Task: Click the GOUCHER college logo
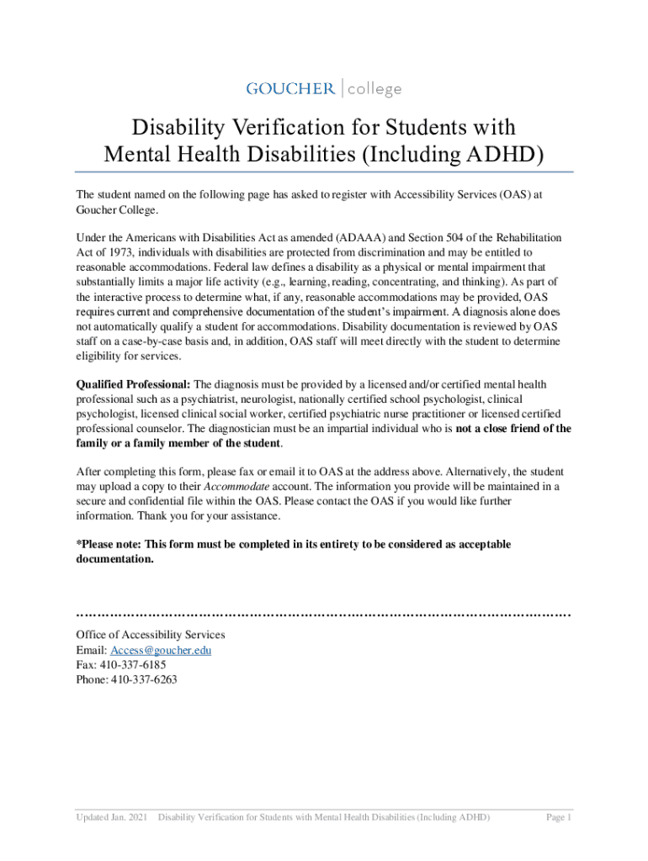pyautogui.click(x=323, y=88)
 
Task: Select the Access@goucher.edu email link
pyautogui.click(x=159, y=651)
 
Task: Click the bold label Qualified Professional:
pyautogui.click(x=133, y=384)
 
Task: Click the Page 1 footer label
pyautogui.click(x=559, y=817)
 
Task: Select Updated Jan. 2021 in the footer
pyautogui.click(x=112, y=817)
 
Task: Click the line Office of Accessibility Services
pyautogui.click(x=150, y=636)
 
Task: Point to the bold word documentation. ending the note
pyautogui.click(x=115, y=559)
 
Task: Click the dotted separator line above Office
pyautogui.click(x=323, y=614)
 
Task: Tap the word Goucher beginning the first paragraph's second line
pyautogui.click(x=98, y=209)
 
